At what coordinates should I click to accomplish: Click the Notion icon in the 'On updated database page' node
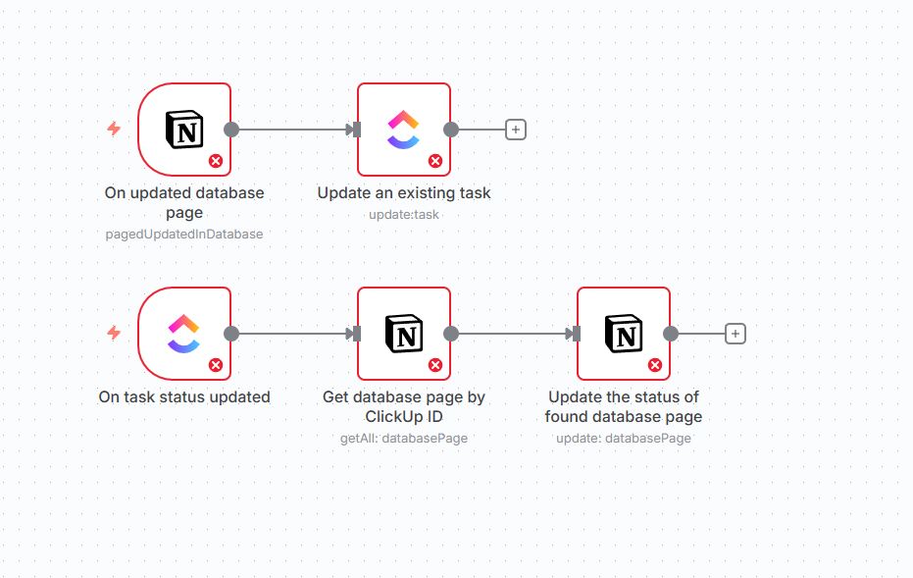[184, 129]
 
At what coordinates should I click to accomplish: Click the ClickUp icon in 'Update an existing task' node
[403, 129]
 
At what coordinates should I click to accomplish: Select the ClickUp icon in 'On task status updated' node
[184, 334]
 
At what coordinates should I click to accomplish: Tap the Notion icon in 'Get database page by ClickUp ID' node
[403, 334]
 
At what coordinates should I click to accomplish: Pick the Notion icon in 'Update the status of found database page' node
[623, 334]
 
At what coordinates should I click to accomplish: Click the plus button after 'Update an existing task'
[516, 129]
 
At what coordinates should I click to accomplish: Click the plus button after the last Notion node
[735, 334]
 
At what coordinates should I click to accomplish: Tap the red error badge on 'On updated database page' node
[216, 161]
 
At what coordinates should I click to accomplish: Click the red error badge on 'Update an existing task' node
[435, 161]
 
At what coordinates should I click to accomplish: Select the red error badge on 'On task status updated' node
[216, 365]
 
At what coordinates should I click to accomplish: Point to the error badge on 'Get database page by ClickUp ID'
[435, 365]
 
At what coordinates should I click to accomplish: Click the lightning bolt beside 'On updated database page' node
[114, 129]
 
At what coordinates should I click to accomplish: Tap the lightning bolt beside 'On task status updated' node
[114, 334]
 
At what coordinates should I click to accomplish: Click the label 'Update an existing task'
[404, 193]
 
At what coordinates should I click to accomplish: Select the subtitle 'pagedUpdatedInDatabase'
[184, 234]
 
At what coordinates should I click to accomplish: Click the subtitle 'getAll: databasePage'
[404, 438]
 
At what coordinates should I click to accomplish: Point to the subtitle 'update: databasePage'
[624, 438]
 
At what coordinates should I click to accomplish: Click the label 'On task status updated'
[184, 397]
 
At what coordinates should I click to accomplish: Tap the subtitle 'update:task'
[404, 214]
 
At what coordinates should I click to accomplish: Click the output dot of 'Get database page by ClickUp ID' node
[451, 334]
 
